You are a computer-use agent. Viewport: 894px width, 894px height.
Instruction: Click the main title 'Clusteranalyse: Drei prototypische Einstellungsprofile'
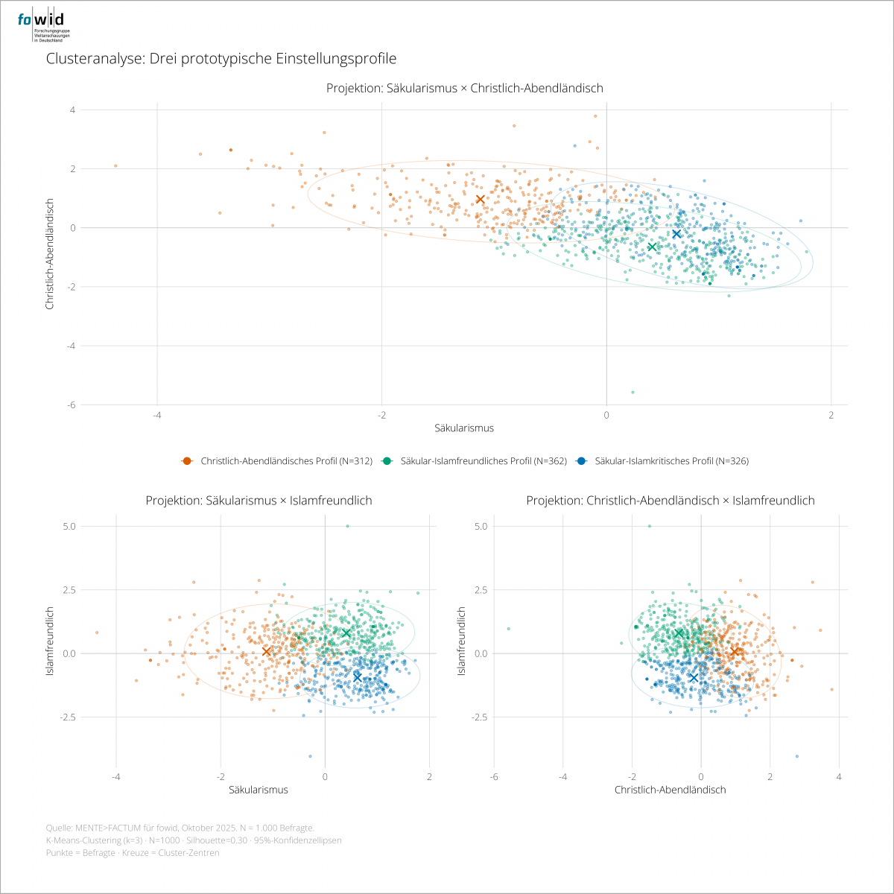[x=221, y=58]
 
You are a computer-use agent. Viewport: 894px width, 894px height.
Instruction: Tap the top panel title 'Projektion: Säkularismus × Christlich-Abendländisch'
[x=464, y=88]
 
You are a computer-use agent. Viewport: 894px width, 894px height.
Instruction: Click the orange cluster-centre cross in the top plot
[x=481, y=199]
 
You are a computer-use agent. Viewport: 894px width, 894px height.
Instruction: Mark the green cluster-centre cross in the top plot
[x=652, y=247]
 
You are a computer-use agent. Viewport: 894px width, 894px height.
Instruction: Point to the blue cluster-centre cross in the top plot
[x=676, y=234]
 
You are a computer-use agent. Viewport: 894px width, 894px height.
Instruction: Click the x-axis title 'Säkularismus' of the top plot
[x=464, y=428]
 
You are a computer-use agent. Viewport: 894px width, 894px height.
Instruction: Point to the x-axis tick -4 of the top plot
[x=157, y=415]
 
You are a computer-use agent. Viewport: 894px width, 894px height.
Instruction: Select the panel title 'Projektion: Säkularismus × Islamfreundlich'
[x=259, y=501]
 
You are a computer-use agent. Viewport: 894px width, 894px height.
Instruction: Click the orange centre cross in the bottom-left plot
[x=267, y=651]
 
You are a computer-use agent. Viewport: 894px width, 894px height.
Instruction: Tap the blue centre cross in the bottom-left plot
[x=358, y=677]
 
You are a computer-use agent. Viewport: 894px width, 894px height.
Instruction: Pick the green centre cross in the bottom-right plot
[x=678, y=633]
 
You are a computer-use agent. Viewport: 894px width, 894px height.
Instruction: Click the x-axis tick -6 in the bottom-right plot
[x=494, y=777]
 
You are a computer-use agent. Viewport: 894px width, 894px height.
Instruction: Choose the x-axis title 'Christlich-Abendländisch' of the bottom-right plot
[x=670, y=790]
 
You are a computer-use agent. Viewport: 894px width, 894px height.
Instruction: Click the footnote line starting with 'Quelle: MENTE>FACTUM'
[x=180, y=828]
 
